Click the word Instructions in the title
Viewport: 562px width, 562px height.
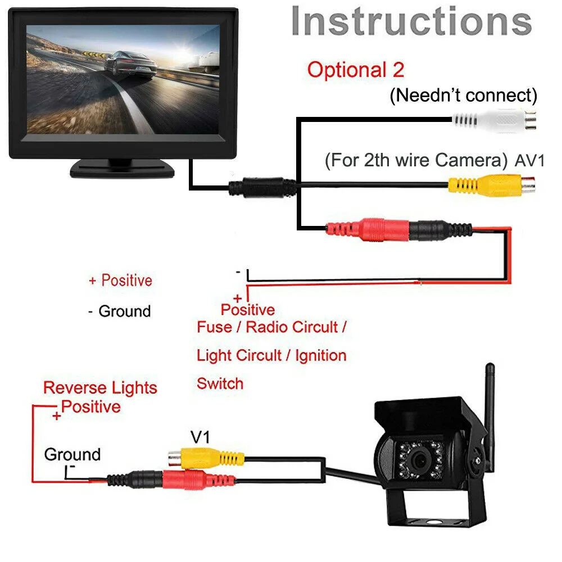tap(411, 22)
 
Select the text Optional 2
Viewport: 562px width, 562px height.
tap(356, 71)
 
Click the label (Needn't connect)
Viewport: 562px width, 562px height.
tap(464, 96)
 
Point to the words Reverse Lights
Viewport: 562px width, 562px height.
tap(100, 388)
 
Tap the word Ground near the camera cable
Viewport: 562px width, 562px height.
tap(72, 454)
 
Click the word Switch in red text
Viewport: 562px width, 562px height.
tap(220, 384)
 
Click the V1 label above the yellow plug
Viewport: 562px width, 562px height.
tap(200, 436)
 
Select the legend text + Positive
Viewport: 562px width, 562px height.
tap(120, 280)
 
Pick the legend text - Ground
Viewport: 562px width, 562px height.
tap(120, 311)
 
